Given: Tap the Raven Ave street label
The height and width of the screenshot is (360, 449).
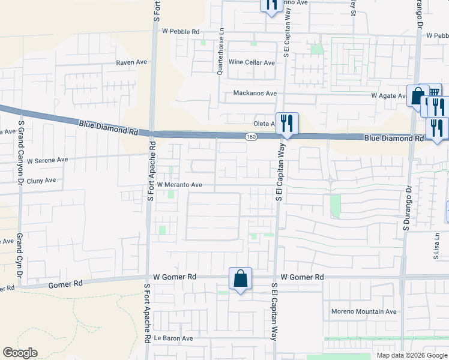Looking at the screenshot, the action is click(x=132, y=62).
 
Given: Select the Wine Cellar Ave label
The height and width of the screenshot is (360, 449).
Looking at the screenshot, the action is click(x=252, y=62).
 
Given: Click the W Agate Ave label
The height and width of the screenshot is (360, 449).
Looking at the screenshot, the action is click(x=388, y=95).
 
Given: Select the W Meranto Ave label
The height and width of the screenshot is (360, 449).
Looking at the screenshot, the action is click(x=179, y=185).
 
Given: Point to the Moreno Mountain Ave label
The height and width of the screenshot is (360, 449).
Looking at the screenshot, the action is click(x=364, y=311).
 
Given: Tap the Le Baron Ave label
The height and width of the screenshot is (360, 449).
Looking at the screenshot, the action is click(x=173, y=338).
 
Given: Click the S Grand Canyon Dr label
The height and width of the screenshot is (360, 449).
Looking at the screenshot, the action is click(x=21, y=153).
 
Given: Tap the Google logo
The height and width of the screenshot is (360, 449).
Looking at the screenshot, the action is click(x=20, y=353).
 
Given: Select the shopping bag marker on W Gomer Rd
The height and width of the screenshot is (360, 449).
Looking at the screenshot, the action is click(x=240, y=279).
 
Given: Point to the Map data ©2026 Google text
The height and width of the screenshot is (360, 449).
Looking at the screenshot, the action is click(x=412, y=355).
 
